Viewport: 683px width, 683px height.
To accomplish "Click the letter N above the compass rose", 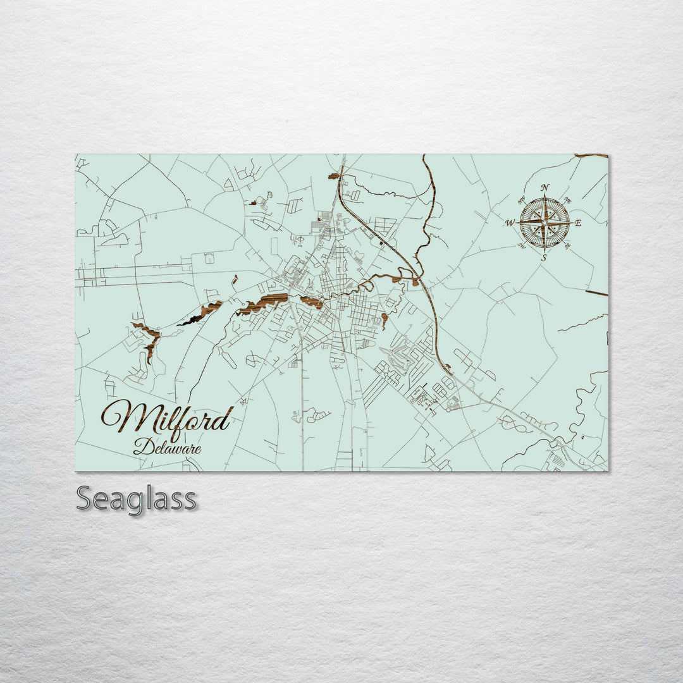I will point(545,187).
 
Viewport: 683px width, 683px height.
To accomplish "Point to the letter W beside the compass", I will point(509,223).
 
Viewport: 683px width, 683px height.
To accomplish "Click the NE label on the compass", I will point(568,201).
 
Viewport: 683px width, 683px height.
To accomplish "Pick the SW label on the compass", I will point(522,246).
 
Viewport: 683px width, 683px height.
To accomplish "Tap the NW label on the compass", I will point(522,201).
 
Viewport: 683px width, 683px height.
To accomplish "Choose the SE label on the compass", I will point(568,245).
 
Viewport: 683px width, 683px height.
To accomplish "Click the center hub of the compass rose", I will point(545,223).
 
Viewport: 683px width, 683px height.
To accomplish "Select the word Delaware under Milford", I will point(168,448).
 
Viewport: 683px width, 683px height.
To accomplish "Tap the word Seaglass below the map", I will point(136,499).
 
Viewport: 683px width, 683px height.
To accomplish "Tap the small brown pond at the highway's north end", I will point(333,176).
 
